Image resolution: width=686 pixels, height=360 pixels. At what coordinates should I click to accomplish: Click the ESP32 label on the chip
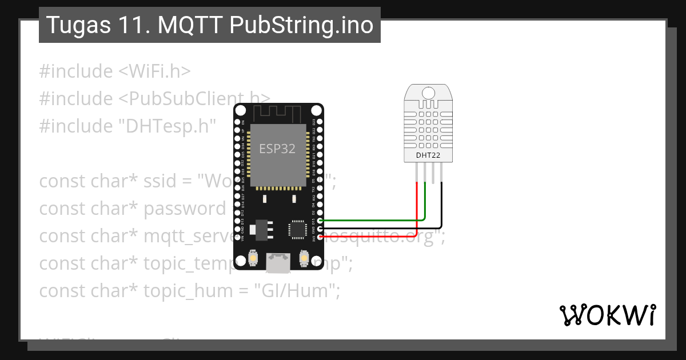coord(277,149)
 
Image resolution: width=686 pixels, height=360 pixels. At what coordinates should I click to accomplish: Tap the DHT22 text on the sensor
coord(427,155)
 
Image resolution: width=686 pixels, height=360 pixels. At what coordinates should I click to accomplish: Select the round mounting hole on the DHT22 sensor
coord(427,92)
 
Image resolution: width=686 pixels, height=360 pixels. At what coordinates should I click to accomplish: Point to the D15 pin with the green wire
coord(320,220)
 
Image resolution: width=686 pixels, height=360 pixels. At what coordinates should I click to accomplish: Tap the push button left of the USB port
coord(253,259)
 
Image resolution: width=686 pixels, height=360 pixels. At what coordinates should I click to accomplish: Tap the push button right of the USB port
coord(304,259)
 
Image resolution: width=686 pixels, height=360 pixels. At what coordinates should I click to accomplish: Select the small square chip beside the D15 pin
coord(297,228)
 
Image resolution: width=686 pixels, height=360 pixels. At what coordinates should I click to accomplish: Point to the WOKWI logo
coord(607,315)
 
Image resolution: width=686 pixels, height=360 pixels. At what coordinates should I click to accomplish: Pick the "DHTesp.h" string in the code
coord(165,126)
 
